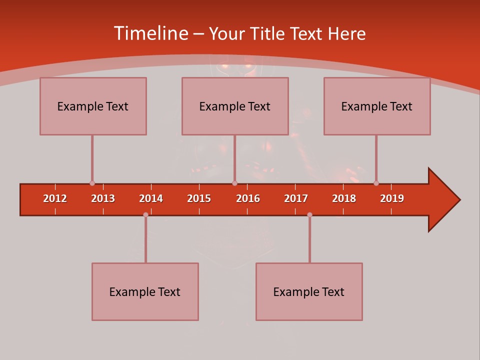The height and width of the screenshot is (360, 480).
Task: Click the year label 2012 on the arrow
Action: [x=55, y=198]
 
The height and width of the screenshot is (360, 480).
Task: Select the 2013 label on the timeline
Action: [x=103, y=198]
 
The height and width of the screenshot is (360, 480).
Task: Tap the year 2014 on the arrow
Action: [x=151, y=198]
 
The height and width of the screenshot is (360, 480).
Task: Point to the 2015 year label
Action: [x=199, y=198]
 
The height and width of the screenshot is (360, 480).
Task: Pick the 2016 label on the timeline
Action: [x=248, y=198]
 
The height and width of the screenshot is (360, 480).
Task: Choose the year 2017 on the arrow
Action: [x=296, y=198]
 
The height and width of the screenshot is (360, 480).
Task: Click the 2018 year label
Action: [x=344, y=198]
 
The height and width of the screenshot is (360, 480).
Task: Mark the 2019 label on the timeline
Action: [x=392, y=198]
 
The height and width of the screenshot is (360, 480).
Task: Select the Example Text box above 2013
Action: [x=93, y=106]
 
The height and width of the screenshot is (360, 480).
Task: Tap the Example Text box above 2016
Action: [x=235, y=106]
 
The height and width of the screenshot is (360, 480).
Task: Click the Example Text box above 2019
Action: [x=377, y=106]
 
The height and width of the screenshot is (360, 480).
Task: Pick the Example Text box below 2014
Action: [x=145, y=291]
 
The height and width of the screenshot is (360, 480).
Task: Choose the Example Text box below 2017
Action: [x=309, y=291]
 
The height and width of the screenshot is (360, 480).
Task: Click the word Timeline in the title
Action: [x=150, y=33]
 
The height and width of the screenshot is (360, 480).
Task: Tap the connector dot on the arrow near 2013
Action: [x=92, y=183]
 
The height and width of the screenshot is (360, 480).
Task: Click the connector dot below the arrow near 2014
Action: [x=145, y=214]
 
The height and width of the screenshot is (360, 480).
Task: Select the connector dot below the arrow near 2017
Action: [x=309, y=214]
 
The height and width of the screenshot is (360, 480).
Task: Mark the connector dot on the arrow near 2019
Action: [x=376, y=183]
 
